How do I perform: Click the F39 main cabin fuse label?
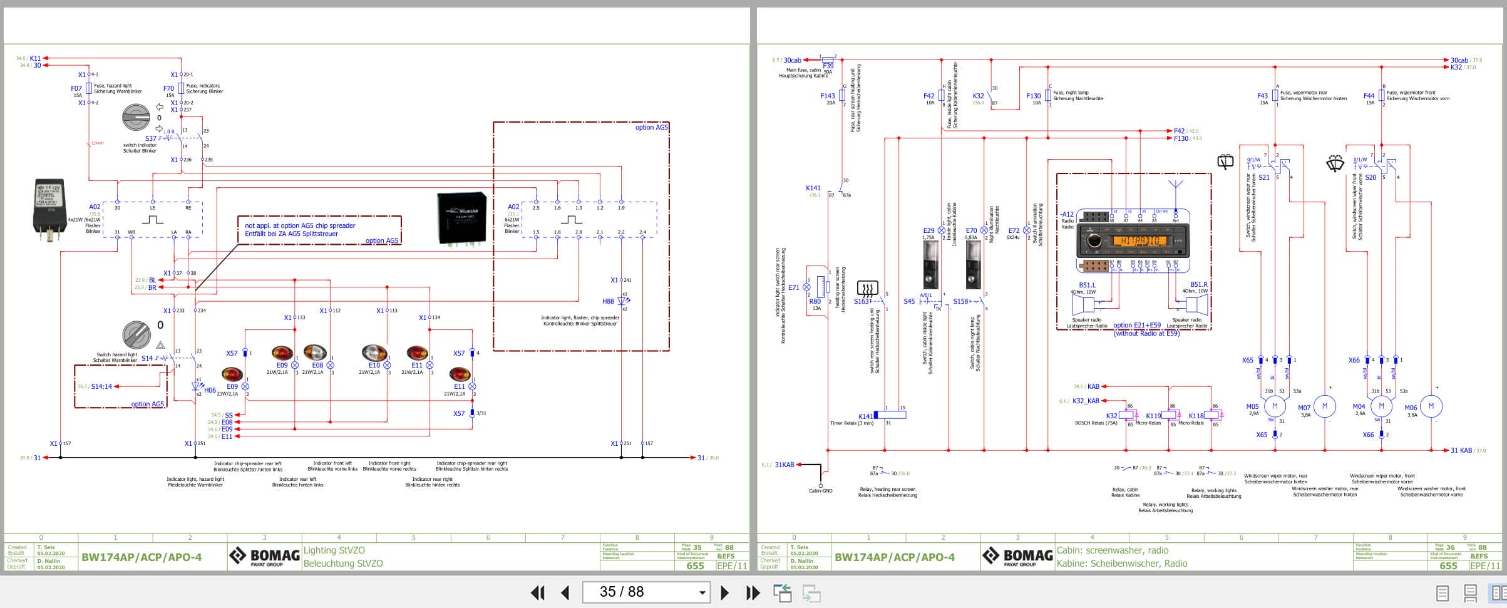828,65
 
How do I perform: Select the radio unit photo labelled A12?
1133,240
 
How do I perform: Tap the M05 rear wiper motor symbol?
1275,406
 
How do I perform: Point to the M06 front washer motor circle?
1431,406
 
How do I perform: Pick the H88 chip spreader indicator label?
608,301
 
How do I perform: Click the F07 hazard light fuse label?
76,88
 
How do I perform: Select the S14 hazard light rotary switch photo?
136,335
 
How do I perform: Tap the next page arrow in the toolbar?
724,592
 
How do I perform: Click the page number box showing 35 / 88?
645,592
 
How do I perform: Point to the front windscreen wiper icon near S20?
1335,164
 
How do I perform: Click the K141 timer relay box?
889,415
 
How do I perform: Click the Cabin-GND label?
820,490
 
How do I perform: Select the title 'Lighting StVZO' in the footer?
334,550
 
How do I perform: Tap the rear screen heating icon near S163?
867,289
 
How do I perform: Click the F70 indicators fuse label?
168,88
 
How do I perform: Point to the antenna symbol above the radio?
1175,186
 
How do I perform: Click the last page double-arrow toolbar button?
753,592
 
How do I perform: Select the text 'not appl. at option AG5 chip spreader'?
300,225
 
